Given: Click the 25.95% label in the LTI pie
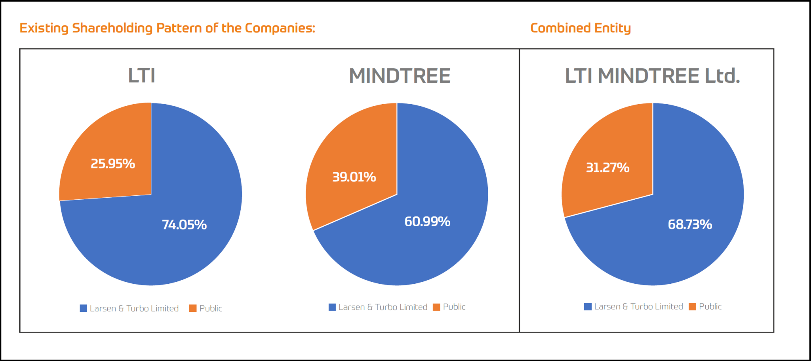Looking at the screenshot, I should tap(113, 164).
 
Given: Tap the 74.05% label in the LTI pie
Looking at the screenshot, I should tap(184, 225).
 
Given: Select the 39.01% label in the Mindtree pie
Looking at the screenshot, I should tap(354, 177).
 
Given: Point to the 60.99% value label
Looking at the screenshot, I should tap(427, 222).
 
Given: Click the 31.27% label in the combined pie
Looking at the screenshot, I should tap(607, 168).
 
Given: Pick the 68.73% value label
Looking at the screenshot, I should tap(690, 224).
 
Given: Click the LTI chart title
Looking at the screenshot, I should tap(141, 76).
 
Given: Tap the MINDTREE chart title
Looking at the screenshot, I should tap(400, 76).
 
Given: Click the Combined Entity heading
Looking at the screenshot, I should tap(580, 28).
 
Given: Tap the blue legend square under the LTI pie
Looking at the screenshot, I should tap(83, 308).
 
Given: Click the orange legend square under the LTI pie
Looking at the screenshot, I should tap(193, 308).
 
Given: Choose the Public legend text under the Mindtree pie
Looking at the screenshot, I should tap(454, 307).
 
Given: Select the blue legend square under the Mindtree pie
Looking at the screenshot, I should tap(332, 307).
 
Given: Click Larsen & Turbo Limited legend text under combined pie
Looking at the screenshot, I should tap(638, 306).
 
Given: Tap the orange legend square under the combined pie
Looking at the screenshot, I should tap(693, 307).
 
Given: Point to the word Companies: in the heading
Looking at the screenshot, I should tap(280, 28).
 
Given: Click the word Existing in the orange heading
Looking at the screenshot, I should tap(44, 28).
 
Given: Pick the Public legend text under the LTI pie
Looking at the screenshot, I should tap(211, 308).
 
